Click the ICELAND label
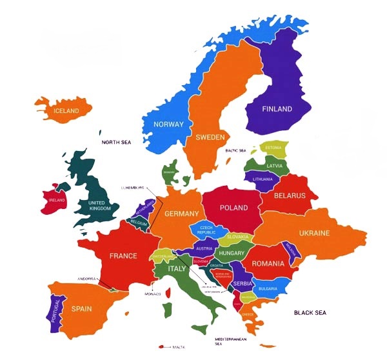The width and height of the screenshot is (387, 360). [66, 111]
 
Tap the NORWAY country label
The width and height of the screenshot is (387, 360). [168, 125]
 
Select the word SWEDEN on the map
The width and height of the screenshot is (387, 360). [210, 137]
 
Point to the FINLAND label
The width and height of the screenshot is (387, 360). [277, 109]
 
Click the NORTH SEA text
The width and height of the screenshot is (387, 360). [116, 141]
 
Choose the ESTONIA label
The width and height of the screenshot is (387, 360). [273, 148]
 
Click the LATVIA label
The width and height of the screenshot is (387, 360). [274, 165]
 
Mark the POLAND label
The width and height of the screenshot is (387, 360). [233, 208]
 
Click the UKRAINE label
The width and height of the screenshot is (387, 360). [314, 233]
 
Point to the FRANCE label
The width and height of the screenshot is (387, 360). [123, 255]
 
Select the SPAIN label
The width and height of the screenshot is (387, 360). [81, 308]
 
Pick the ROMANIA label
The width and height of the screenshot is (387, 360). [268, 263]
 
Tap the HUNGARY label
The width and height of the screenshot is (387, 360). [231, 254]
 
